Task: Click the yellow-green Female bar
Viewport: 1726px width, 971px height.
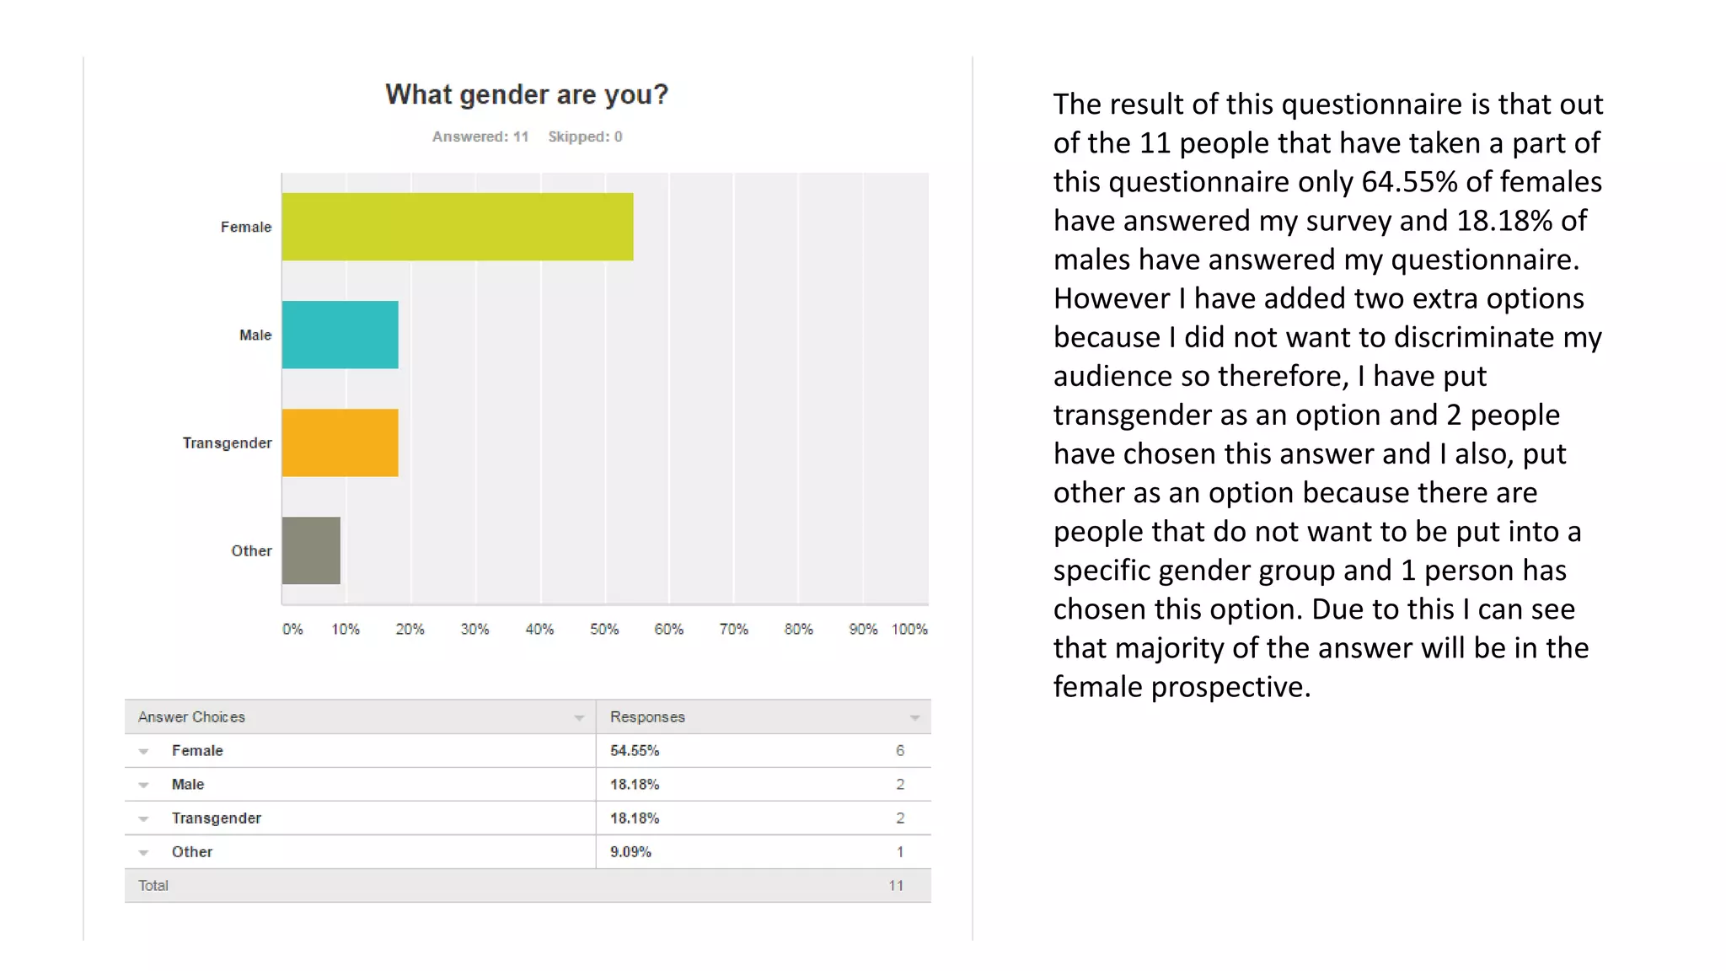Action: pyautogui.click(x=457, y=227)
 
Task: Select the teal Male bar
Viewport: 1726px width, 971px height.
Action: pyautogui.click(x=340, y=335)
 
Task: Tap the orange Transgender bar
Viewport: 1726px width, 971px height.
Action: pyautogui.click(x=340, y=443)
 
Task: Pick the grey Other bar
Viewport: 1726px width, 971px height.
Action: pyautogui.click(x=311, y=550)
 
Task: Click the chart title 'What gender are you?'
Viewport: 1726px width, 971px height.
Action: pyautogui.click(x=527, y=94)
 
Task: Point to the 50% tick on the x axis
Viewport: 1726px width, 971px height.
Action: pyautogui.click(x=604, y=629)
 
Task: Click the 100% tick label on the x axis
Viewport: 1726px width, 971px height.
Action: pyautogui.click(x=909, y=629)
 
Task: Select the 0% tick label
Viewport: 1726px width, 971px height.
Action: pyautogui.click(x=292, y=629)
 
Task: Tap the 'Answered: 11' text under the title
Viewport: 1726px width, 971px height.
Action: pyautogui.click(x=480, y=137)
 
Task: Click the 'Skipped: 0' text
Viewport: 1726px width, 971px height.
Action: pyautogui.click(x=585, y=137)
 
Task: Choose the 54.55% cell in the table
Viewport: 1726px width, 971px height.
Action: pyautogui.click(x=635, y=750)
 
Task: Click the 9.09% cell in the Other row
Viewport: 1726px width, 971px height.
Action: pyautogui.click(x=630, y=851)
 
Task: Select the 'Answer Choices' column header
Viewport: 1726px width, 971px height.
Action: pyautogui.click(x=191, y=716)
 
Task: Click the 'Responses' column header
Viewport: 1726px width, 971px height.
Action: pyautogui.click(x=647, y=716)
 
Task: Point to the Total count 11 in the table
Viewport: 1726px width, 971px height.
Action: pyautogui.click(x=896, y=885)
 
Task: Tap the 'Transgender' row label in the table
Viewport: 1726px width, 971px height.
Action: pyautogui.click(x=217, y=818)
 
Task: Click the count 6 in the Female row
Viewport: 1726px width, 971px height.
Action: pyautogui.click(x=900, y=750)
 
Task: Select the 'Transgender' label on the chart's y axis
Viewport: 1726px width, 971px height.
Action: pyautogui.click(x=228, y=443)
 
